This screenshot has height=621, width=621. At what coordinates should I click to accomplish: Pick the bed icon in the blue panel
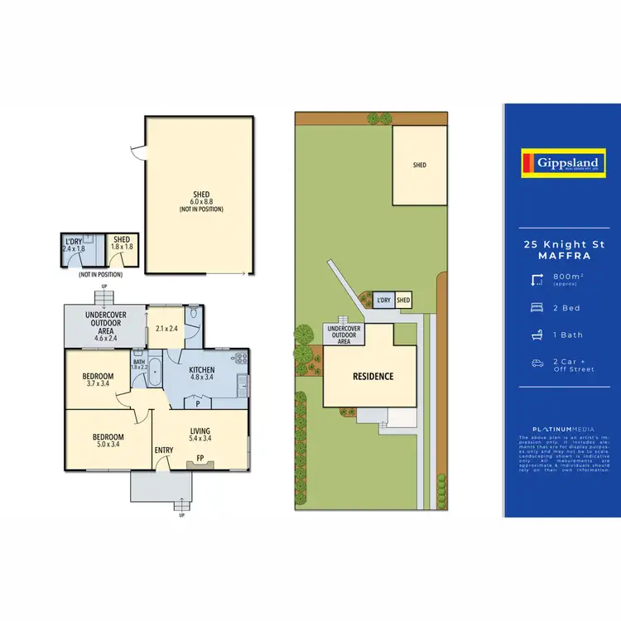[x=537, y=308]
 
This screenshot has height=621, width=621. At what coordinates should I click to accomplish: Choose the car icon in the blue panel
[x=537, y=363]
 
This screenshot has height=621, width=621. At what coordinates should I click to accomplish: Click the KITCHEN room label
[x=202, y=370]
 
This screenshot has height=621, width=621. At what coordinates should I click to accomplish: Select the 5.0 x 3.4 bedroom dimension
[x=108, y=445]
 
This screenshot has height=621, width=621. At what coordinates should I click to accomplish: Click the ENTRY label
[x=163, y=450]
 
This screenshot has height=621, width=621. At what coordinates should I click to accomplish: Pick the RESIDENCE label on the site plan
[x=373, y=377]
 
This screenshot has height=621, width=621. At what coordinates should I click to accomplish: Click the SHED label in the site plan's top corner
[x=419, y=165]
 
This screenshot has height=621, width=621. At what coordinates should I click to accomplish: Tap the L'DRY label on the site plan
[x=383, y=300]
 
